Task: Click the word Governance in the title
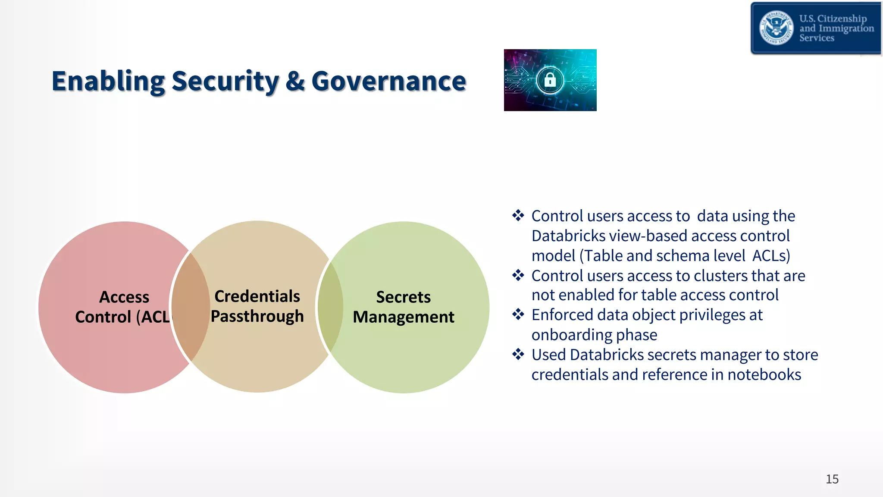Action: pyautogui.click(x=388, y=81)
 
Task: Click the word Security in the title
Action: pyautogui.click(x=225, y=81)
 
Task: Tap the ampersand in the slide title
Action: pyautogui.click(x=295, y=81)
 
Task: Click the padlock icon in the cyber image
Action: pyautogui.click(x=550, y=80)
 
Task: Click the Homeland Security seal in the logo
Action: pyautogui.click(x=776, y=28)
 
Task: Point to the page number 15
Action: pyautogui.click(x=832, y=479)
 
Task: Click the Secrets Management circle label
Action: pyautogui.click(x=403, y=307)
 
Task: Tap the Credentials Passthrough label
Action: pyautogui.click(x=257, y=306)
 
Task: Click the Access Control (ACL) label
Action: pyautogui.click(x=123, y=307)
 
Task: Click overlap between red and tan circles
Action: pyautogui.click(x=191, y=307)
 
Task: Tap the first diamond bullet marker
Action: pyautogui.click(x=518, y=215)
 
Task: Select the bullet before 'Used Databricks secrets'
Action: pyautogui.click(x=518, y=355)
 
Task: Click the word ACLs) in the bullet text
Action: pyautogui.click(x=771, y=255)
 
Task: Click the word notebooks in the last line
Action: pyautogui.click(x=764, y=374)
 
